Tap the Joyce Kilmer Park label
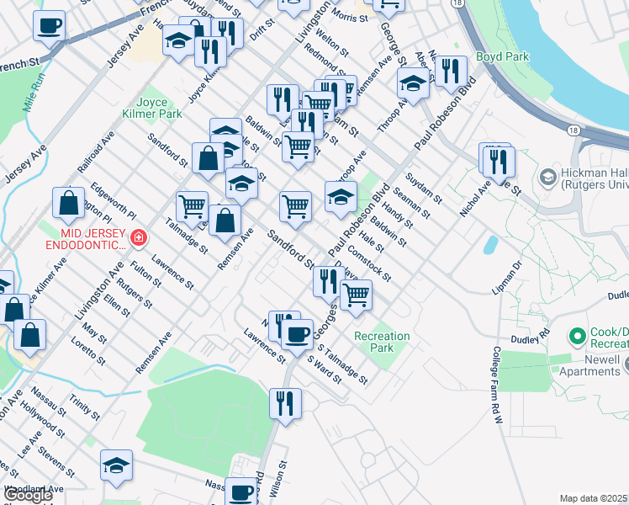[160, 108]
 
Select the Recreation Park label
[382, 342]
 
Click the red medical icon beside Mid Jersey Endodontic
[138, 238]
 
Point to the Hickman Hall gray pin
[547, 178]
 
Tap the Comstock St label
[368, 261]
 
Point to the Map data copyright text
[594, 498]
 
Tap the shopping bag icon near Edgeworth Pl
[69, 202]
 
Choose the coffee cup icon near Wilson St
[242, 492]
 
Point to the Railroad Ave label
[94, 151]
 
